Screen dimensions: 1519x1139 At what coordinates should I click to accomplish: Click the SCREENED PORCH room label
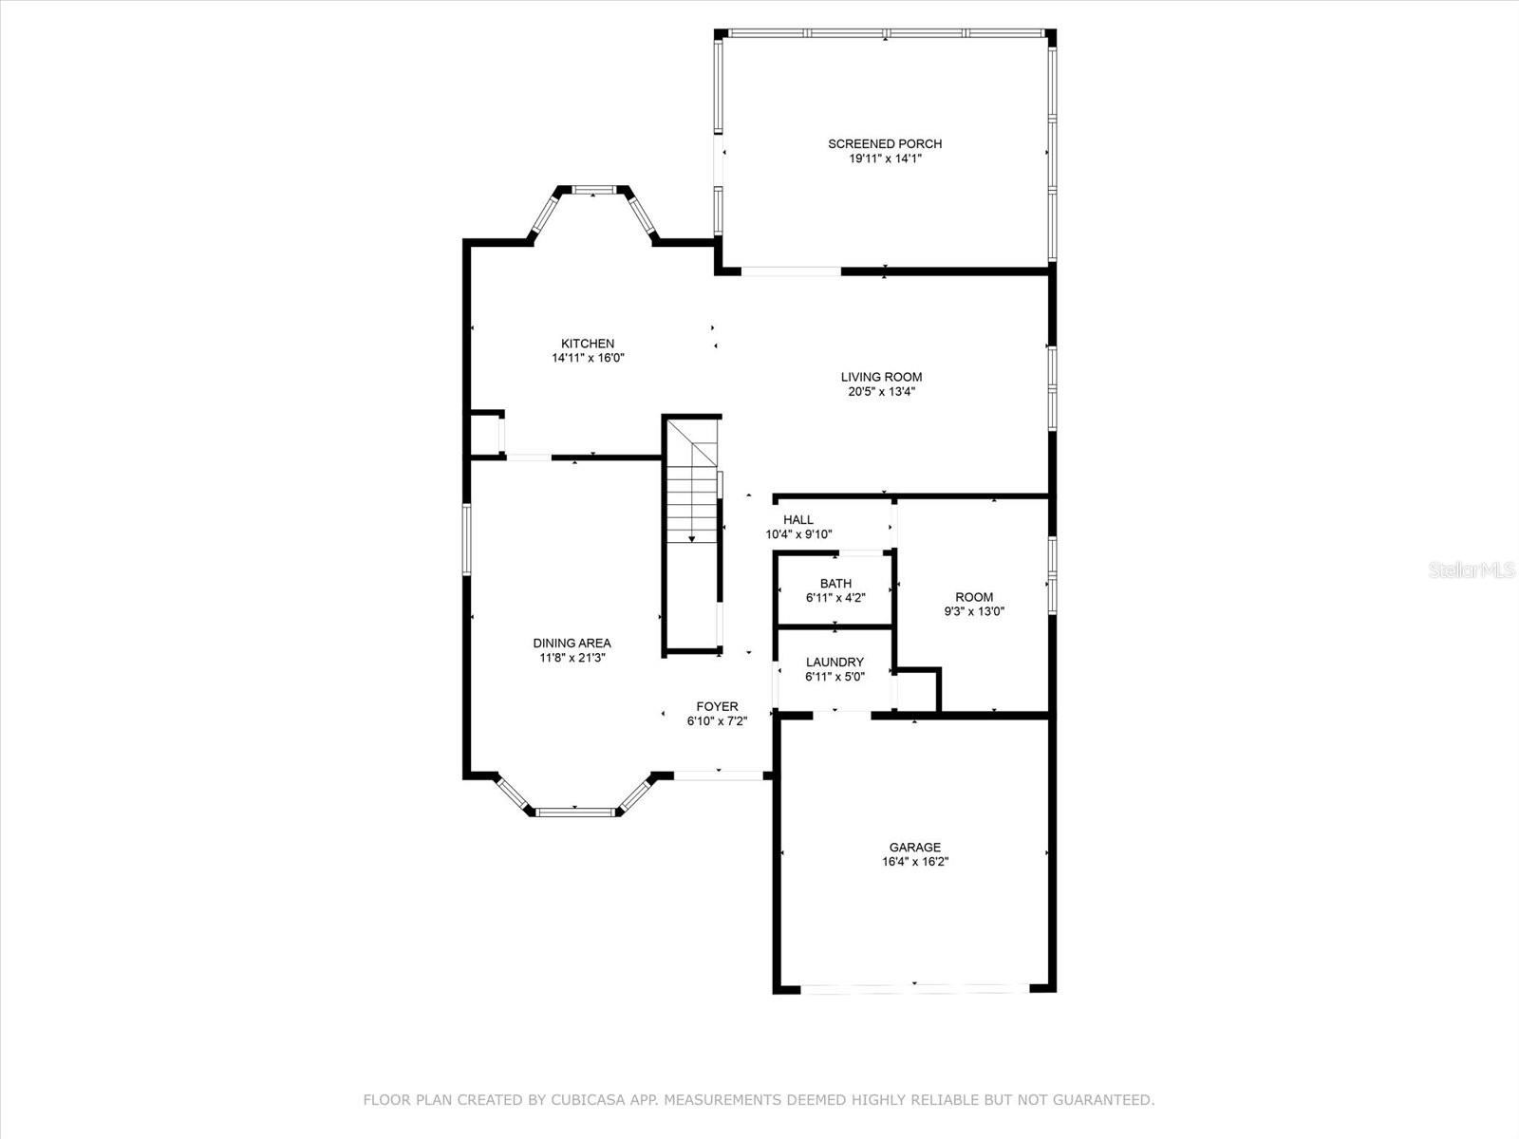coord(885,144)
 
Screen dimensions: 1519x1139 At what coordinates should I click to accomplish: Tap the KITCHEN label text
coord(588,344)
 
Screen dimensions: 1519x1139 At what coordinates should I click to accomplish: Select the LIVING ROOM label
coord(881,377)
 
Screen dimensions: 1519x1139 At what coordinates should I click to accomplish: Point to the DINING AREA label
coord(572,644)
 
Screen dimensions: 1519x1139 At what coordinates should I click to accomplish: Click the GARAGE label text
coord(915,848)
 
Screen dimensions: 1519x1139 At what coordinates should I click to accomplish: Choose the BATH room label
coord(835,584)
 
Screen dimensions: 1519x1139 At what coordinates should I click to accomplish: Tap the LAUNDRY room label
coord(835,663)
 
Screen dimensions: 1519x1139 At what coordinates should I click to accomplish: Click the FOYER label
coord(717,707)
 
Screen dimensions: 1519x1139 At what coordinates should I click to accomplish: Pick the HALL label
coord(797,520)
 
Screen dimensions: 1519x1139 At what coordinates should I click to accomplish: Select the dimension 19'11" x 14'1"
coord(885,159)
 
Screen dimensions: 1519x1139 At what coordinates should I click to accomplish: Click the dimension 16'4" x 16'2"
coord(915,862)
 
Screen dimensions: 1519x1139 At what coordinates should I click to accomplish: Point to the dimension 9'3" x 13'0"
coord(974,611)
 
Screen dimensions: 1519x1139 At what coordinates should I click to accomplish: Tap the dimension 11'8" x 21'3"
coord(572,658)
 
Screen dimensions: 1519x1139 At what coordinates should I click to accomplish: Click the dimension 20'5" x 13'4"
coord(882,391)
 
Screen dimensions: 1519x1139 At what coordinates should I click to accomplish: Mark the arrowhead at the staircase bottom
coord(691,539)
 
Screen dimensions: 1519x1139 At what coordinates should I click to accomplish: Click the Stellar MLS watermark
coord(1472,570)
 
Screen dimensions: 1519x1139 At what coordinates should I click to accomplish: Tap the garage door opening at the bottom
coord(915,989)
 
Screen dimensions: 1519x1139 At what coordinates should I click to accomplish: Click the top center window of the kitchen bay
coord(593,190)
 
